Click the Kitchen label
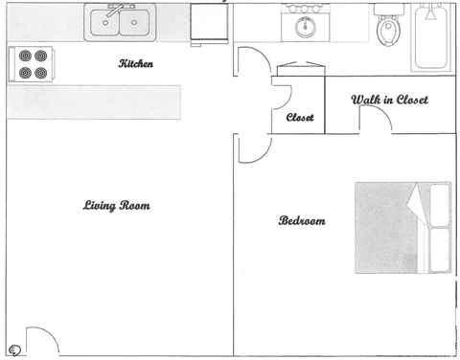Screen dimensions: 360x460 [x=135, y=64]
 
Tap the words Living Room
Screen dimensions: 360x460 [x=117, y=206]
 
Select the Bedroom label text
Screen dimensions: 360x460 [x=302, y=221]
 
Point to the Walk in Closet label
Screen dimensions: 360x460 [x=388, y=100]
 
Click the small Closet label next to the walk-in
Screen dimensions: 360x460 [x=300, y=118]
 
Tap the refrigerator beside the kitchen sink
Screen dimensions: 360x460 [x=209, y=23]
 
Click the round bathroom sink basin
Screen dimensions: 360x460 [x=305, y=27]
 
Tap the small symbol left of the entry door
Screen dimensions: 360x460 [x=14, y=350]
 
